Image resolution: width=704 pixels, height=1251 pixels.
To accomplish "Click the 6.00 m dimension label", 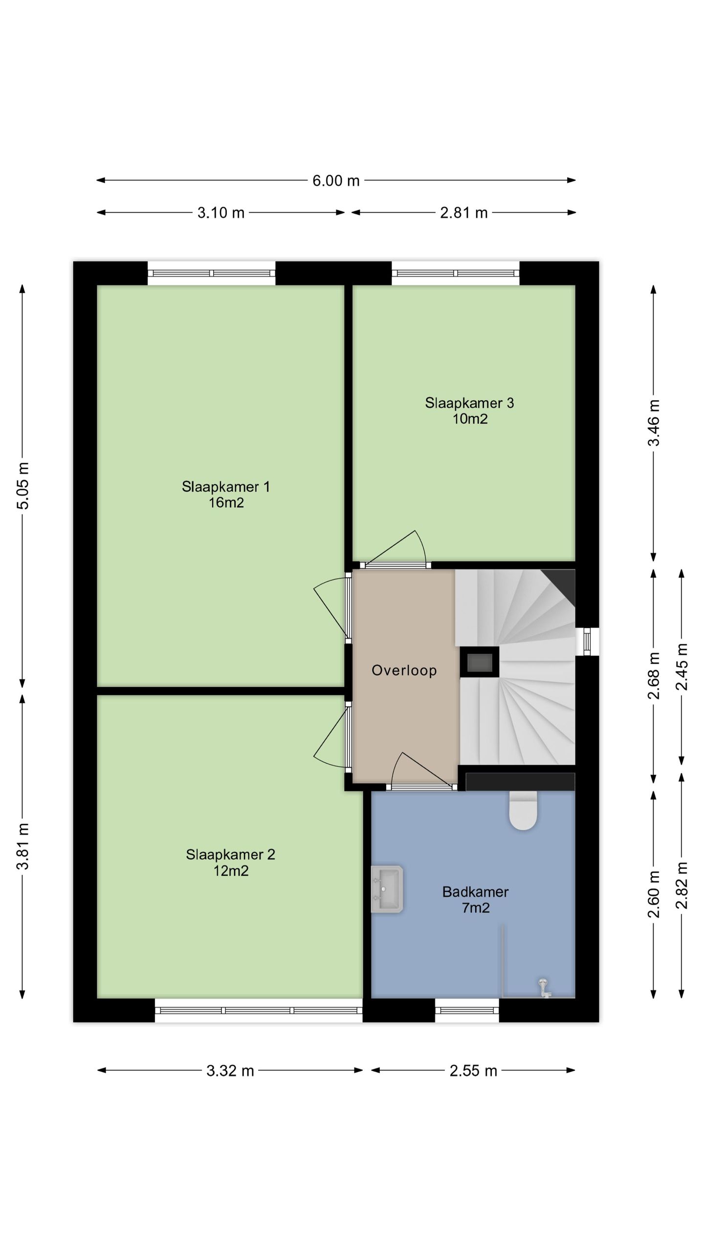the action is [336, 181].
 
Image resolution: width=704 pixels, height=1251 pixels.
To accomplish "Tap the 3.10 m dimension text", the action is [221, 213].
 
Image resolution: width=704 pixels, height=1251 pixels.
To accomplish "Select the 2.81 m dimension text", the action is [464, 213].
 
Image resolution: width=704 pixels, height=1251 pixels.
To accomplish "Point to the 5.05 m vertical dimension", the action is [23, 485].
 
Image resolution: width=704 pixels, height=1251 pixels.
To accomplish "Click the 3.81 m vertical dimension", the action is [23, 846].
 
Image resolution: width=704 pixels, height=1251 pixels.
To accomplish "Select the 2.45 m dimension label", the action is [682, 667].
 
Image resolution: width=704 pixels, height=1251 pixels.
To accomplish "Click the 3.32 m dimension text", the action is [230, 1071].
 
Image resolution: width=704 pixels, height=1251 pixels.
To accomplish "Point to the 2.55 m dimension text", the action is [473, 1071].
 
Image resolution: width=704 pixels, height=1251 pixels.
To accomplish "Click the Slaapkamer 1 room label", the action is [226, 487].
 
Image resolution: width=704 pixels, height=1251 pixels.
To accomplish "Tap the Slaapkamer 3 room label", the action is [469, 403].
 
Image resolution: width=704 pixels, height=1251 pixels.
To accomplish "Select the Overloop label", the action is [404, 670].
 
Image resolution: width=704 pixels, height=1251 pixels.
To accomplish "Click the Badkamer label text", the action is [476, 892].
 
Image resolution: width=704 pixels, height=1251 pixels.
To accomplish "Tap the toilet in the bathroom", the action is [523, 810].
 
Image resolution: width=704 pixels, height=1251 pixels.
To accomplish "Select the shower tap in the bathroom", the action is [544, 988].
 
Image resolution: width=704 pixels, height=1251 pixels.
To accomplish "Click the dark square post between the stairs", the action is [480, 662].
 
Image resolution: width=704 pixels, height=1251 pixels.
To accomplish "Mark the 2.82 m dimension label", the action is [682, 885].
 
